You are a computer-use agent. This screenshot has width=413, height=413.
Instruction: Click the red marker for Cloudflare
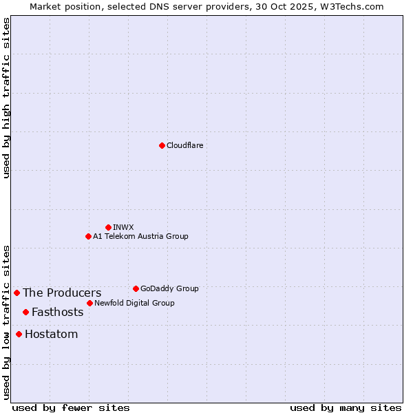coord(162,145)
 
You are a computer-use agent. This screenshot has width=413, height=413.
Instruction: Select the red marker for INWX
coord(108,227)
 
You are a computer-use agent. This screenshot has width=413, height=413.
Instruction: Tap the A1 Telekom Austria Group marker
coord(88,236)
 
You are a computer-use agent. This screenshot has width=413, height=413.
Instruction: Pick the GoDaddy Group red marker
coord(136,288)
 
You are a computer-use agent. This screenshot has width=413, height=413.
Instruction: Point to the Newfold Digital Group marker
coord(89,303)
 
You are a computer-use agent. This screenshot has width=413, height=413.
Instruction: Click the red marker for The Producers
coord(17,293)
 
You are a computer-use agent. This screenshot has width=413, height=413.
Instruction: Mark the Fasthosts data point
coord(25,312)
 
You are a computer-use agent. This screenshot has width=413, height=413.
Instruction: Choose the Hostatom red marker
coord(19,334)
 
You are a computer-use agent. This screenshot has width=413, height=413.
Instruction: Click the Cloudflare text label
coord(184,145)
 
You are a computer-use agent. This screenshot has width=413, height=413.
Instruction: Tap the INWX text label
coord(123,227)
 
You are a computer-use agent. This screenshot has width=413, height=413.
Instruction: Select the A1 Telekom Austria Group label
coord(140,236)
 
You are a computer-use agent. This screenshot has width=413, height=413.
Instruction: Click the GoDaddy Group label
coord(169,288)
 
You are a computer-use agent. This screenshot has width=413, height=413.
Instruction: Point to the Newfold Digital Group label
coord(134,303)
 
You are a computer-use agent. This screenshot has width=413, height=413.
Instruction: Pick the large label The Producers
coord(62,293)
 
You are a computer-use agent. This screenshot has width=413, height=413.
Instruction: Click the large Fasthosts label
coord(57,313)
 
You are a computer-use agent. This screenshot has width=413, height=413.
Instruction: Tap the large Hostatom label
coord(51,335)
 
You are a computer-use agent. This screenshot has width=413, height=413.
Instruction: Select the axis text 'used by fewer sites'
coord(71,407)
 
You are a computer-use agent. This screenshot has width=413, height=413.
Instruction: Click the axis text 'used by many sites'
coord(346,407)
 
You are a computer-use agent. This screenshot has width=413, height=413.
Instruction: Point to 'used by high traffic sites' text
coord(6,98)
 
